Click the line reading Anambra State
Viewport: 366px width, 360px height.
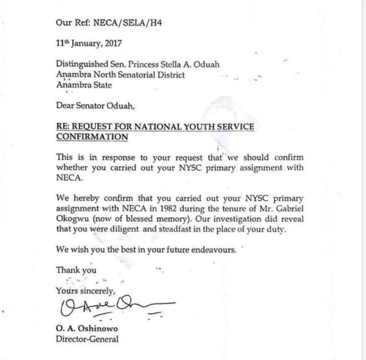pyautogui.click(x=84, y=85)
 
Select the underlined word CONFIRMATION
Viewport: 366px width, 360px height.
pyautogui.click(x=92, y=137)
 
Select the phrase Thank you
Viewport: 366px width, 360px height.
pyautogui.click(x=76, y=270)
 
